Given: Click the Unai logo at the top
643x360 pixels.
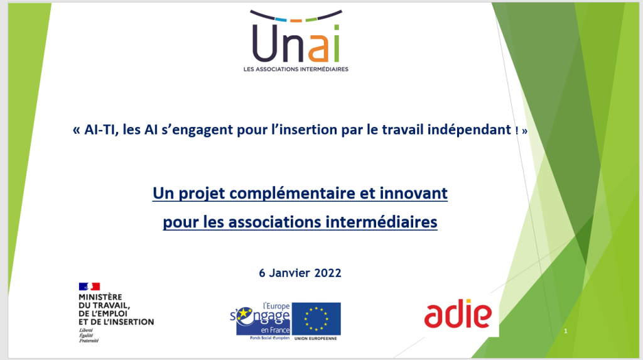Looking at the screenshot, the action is pos(296,40).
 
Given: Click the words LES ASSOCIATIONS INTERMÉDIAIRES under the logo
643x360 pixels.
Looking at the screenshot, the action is pos(296,69).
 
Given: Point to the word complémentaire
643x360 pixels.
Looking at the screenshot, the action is pos(292,194).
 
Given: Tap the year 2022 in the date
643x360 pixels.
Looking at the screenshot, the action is pos(328,273).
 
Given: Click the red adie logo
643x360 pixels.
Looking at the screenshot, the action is pos(458,314).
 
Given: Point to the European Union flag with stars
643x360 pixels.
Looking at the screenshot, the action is pos(316,319).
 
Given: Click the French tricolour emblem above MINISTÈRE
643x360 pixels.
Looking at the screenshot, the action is pos(89,286).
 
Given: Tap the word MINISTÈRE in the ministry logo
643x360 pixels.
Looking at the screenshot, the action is pos(100,297).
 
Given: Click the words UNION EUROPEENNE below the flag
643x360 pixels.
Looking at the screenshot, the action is pos(315,339).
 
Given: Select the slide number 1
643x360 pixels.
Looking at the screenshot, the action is pos(566,331).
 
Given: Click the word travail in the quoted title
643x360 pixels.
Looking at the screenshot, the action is pos(403,129).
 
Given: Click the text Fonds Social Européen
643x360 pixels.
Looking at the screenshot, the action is pos(270,338).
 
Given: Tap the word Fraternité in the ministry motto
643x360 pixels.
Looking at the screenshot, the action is pos(89,341).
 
